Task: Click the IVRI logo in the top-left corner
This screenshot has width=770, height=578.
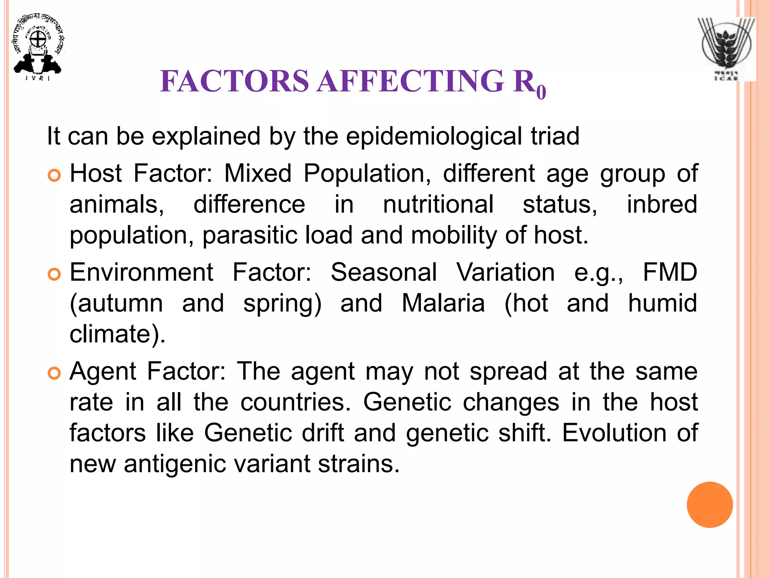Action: (38, 47)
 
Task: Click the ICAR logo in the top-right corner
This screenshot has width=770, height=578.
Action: (726, 49)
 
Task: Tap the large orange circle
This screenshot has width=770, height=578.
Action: (709, 505)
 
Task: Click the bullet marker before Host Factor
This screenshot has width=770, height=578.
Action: (55, 176)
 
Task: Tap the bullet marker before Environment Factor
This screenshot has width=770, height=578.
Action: (55, 275)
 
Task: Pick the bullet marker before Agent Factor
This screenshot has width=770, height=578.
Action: (55, 374)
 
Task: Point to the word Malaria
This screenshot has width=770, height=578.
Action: (443, 303)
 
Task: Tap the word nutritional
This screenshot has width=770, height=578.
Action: (438, 205)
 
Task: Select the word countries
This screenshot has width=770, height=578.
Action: (296, 402)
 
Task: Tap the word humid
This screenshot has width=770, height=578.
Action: (662, 303)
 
